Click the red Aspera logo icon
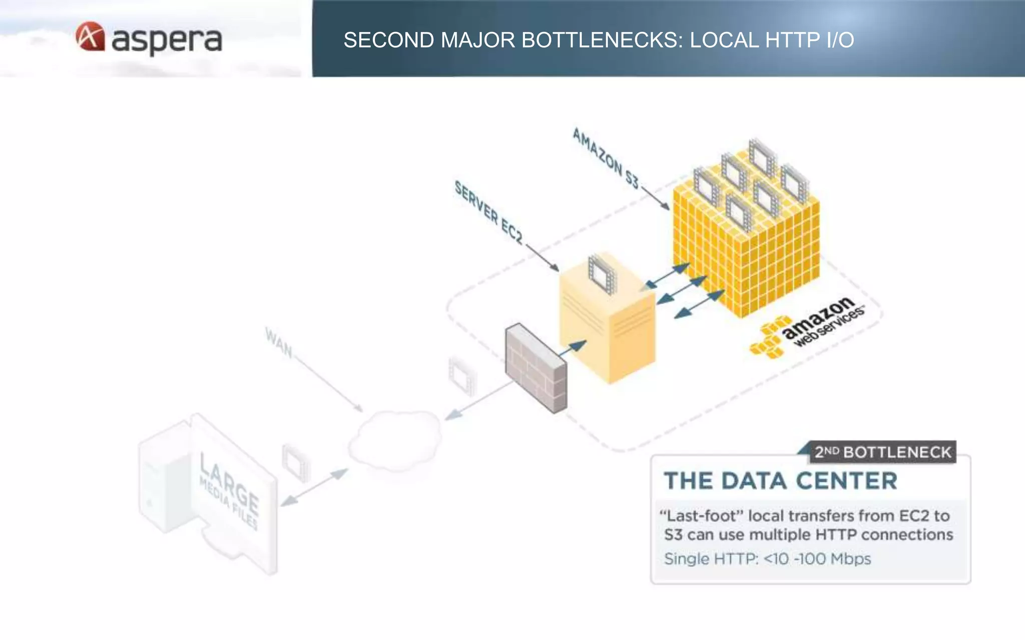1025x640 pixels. pos(90,36)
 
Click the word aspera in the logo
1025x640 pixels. pos(166,40)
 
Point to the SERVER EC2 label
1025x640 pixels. pos(488,213)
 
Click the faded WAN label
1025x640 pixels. pos(278,342)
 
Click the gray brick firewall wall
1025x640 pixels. pos(536,367)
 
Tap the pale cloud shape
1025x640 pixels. pos(395,440)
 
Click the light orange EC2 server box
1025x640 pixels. pos(608,330)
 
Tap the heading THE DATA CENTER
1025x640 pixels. pos(780,481)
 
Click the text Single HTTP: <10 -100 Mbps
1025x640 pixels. pos(767,558)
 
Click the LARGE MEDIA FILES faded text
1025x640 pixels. pos(229,490)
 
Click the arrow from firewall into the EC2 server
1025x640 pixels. pos(573,347)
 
